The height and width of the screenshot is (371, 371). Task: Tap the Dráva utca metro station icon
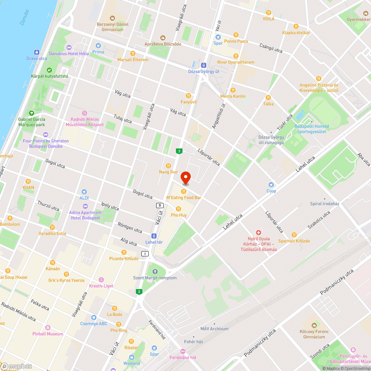(37, 52)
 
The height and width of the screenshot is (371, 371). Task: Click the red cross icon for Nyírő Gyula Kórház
(259, 232)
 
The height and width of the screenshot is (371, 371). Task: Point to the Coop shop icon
(271, 184)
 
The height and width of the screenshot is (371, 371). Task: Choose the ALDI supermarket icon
(84, 192)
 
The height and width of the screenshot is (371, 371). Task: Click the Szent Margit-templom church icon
(155, 271)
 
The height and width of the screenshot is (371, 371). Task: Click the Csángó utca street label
(271, 49)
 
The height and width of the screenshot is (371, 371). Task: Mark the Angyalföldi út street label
(219, 116)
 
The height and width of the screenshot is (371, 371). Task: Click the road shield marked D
(160, 205)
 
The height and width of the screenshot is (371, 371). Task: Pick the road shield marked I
(145, 254)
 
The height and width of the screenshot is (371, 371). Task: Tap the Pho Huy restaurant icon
(178, 209)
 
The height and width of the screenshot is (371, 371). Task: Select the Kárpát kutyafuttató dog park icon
(49, 70)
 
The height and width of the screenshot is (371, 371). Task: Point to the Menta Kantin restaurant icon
(233, 90)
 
